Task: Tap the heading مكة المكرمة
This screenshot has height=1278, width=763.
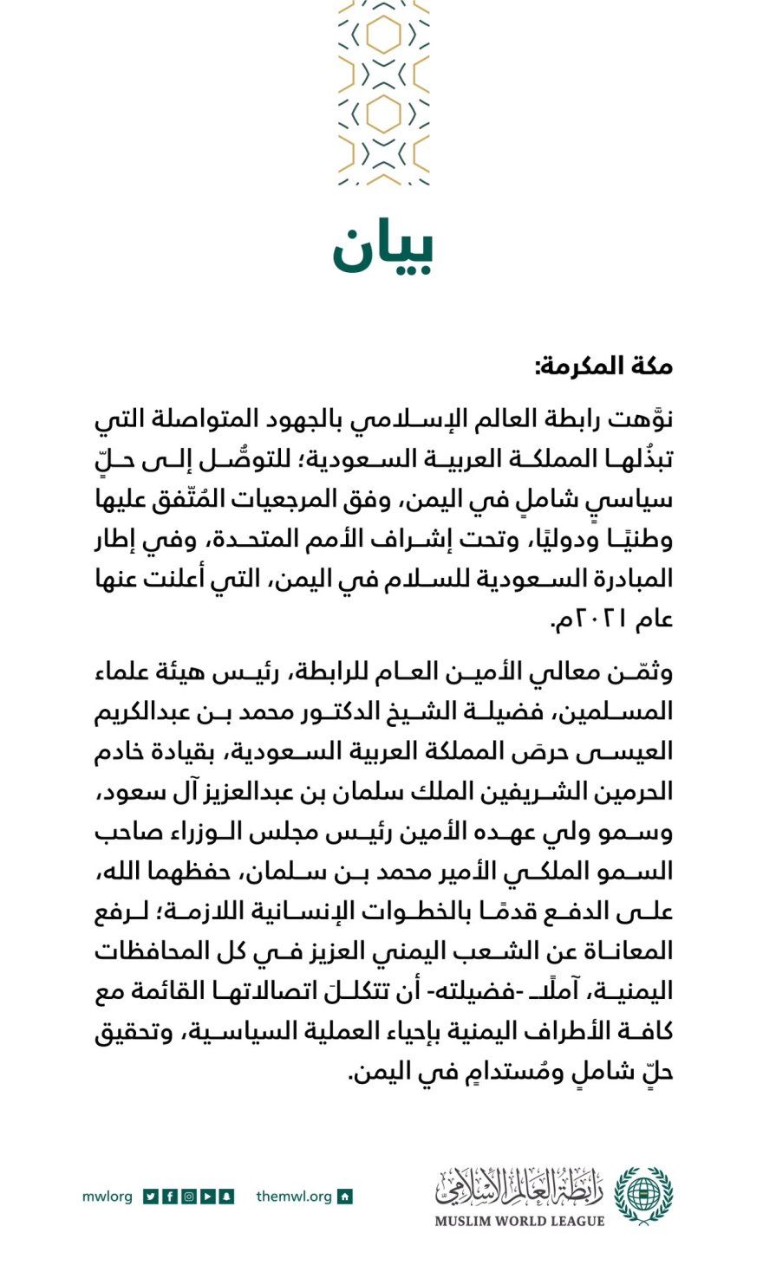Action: (x=603, y=367)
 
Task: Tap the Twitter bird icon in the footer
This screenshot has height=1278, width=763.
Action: (x=151, y=1197)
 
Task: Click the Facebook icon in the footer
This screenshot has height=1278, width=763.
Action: (x=170, y=1197)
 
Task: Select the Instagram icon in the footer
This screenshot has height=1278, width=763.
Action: (x=189, y=1197)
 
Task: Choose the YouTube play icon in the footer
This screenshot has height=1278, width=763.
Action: (x=208, y=1197)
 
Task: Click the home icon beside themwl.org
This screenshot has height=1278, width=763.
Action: (x=345, y=1197)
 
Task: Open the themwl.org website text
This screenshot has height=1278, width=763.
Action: (x=294, y=1197)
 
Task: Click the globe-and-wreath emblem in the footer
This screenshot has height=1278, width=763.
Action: (x=643, y=1195)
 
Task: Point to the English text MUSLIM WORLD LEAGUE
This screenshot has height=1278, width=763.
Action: (x=519, y=1221)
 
